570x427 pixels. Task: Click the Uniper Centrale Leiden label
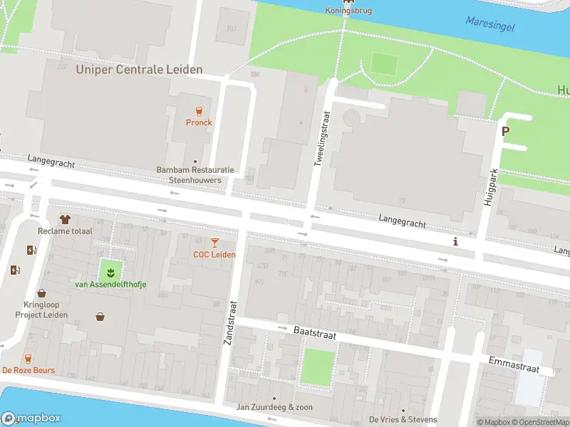click(139, 70)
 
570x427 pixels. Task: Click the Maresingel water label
click(489, 23)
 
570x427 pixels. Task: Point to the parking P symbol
click(506, 131)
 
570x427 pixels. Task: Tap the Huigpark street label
click(489, 187)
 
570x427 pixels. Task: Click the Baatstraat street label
click(314, 332)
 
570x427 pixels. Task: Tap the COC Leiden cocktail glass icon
click(214, 243)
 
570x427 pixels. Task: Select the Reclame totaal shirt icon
click(65, 219)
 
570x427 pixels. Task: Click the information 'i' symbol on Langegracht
click(455, 242)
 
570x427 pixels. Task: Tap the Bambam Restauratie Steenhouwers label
click(195, 175)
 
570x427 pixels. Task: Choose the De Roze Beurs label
click(28, 370)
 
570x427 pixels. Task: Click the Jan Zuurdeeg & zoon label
click(274, 407)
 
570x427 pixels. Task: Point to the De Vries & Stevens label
click(403, 419)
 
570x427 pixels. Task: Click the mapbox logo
click(31, 418)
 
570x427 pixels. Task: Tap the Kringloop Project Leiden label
click(41, 310)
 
